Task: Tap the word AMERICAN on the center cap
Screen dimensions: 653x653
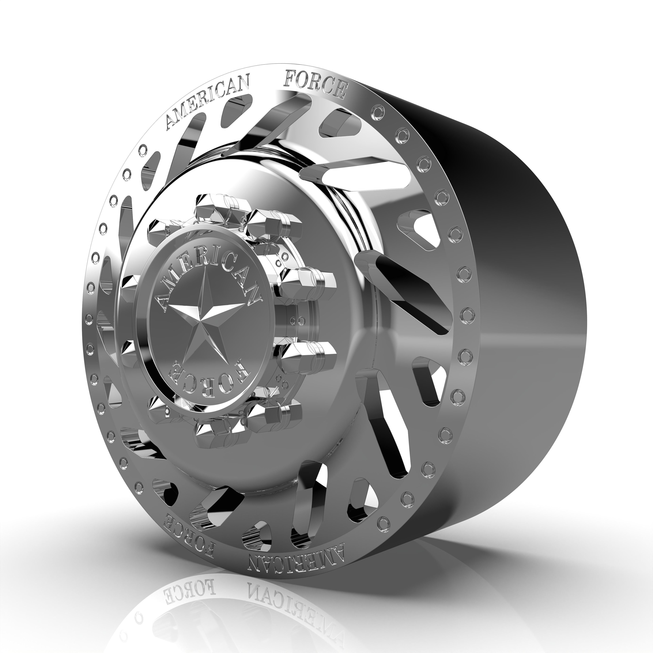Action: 206,270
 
